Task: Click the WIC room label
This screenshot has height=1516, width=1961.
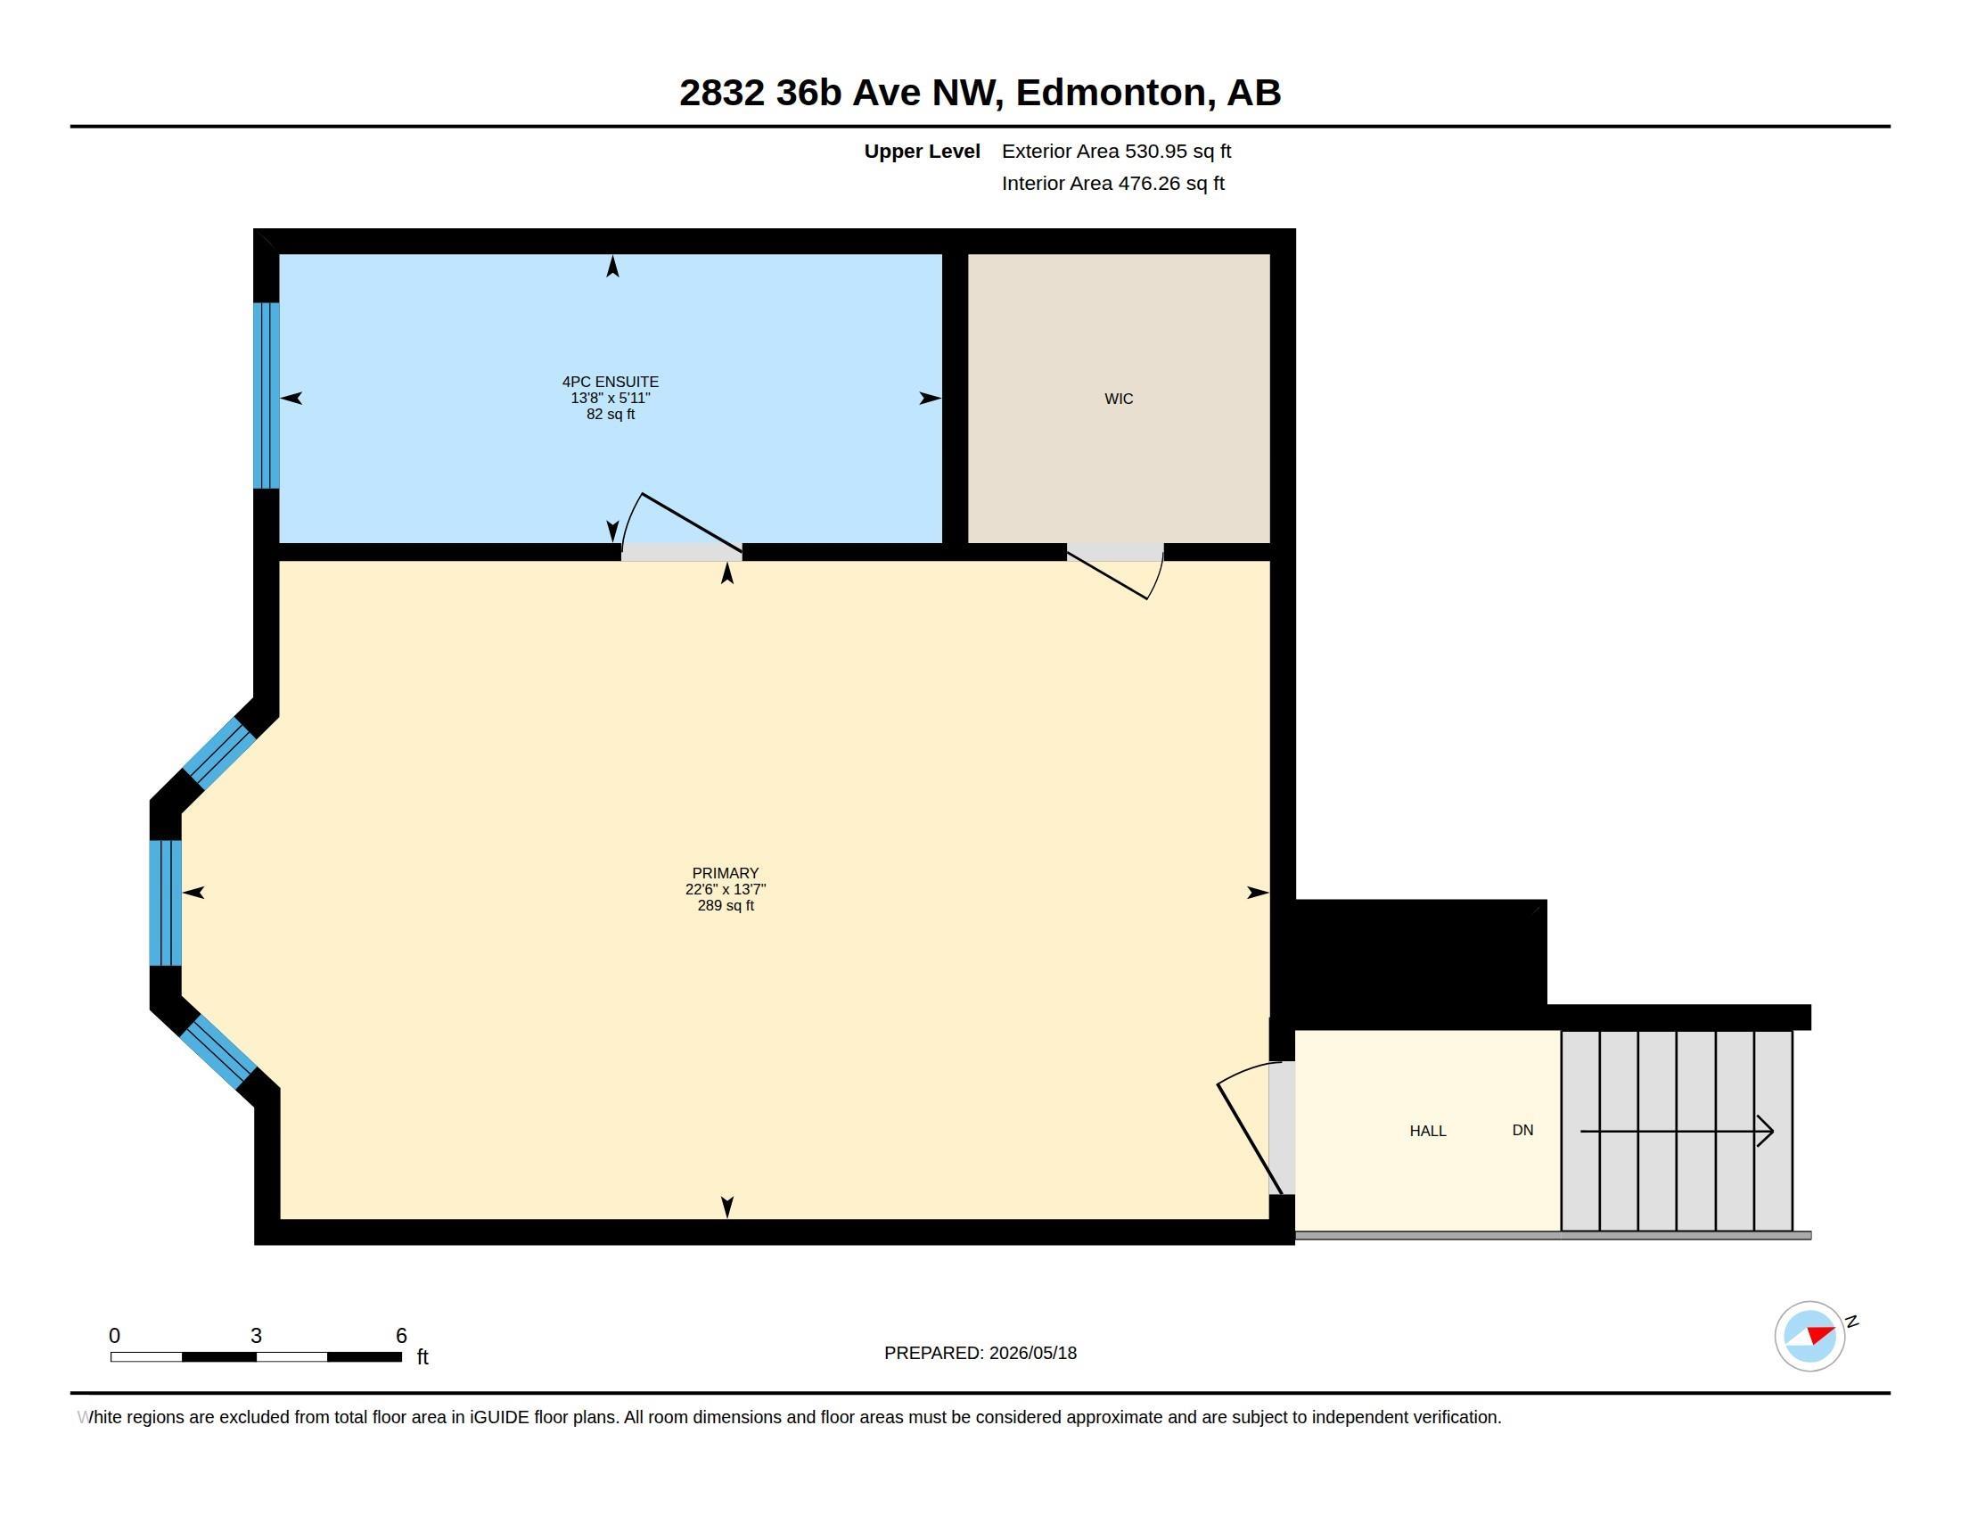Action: (x=1118, y=399)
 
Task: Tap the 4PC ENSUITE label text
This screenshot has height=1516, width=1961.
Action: (x=611, y=382)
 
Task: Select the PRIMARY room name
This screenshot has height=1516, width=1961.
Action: (x=726, y=873)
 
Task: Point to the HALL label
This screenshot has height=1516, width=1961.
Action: (x=1428, y=1131)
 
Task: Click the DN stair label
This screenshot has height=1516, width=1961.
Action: (x=1522, y=1130)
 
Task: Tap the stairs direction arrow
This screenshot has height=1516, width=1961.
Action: (x=1678, y=1131)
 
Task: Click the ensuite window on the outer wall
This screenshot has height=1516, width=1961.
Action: (x=267, y=395)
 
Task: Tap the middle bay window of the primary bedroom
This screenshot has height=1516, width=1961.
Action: (x=165, y=902)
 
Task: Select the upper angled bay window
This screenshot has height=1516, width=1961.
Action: (x=219, y=754)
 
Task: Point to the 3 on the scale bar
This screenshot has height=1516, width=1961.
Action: (x=256, y=1336)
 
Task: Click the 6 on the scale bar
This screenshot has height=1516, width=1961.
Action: (x=401, y=1336)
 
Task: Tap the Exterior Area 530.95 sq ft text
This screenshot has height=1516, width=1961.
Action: (x=1116, y=151)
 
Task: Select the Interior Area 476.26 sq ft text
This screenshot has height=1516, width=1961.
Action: (x=1112, y=183)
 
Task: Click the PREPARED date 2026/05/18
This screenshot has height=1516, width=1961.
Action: (x=1032, y=1353)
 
